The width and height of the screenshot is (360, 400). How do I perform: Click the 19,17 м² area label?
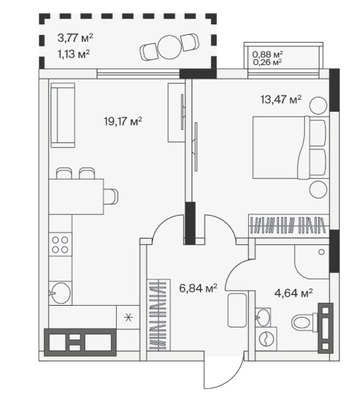pyautogui.click(x=123, y=121)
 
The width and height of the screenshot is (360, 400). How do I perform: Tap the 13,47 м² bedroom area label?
pyautogui.click(x=281, y=99)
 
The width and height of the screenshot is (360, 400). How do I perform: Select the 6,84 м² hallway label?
pyautogui.click(x=198, y=288)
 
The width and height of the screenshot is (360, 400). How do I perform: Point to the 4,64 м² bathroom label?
pyautogui.click(x=293, y=293)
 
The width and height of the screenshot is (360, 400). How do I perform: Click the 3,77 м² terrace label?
pyautogui.click(x=75, y=38)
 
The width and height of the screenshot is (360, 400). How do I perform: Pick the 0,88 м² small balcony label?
pyautogui.click(x=268, y=54)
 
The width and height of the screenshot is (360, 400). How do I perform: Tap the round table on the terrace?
pyautogui.click(x=169, y=47)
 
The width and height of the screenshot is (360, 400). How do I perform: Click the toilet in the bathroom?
pyautogui.click(x=305, y=322)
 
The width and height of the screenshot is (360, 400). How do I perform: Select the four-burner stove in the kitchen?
pyautogui.click(x=60, y=244)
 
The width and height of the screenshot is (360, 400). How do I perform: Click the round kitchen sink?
pyautogui.click(x=61, y=292)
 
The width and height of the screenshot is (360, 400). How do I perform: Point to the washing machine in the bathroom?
pyautogui.click(x=266, y=338)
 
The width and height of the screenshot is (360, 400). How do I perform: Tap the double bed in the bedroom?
pyautogui.click(x=289, y=147)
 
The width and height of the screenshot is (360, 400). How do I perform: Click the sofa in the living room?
pyautogui.click(x=62, y=115)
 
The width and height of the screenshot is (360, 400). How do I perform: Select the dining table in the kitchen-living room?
pyautogui.click(x=76, y=197)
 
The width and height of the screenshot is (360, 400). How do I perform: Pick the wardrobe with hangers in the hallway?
pyautogui.click(x=158, y=315)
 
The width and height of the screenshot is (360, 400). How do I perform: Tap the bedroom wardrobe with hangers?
pyautogui.click(x=289, y=225)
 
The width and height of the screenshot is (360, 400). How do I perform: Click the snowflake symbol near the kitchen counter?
pyautogui.click(x=128, y=317)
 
